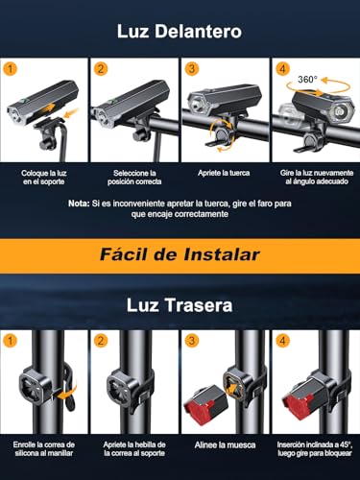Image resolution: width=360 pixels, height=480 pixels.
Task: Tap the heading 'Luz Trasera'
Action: click(180, 306)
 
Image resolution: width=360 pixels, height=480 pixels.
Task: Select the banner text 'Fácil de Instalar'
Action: click(179, 256)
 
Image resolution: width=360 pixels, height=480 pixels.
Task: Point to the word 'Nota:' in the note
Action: click(80, 204)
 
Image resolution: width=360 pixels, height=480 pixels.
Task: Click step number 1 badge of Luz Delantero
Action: click(12, 69)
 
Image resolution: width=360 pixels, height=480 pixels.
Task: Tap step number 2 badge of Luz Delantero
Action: click(102, 69)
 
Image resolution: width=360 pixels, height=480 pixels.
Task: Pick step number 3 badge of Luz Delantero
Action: click(192, 69)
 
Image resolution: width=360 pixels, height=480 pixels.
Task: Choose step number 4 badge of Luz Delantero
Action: click(282, 69)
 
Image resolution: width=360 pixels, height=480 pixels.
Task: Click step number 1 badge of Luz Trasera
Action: click(12, 340)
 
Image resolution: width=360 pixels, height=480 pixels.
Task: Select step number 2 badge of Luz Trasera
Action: click(102, 340)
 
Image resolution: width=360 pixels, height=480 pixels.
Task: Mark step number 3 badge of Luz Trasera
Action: click(192, 340)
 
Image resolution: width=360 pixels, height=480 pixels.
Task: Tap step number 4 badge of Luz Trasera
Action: click(282, 340)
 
